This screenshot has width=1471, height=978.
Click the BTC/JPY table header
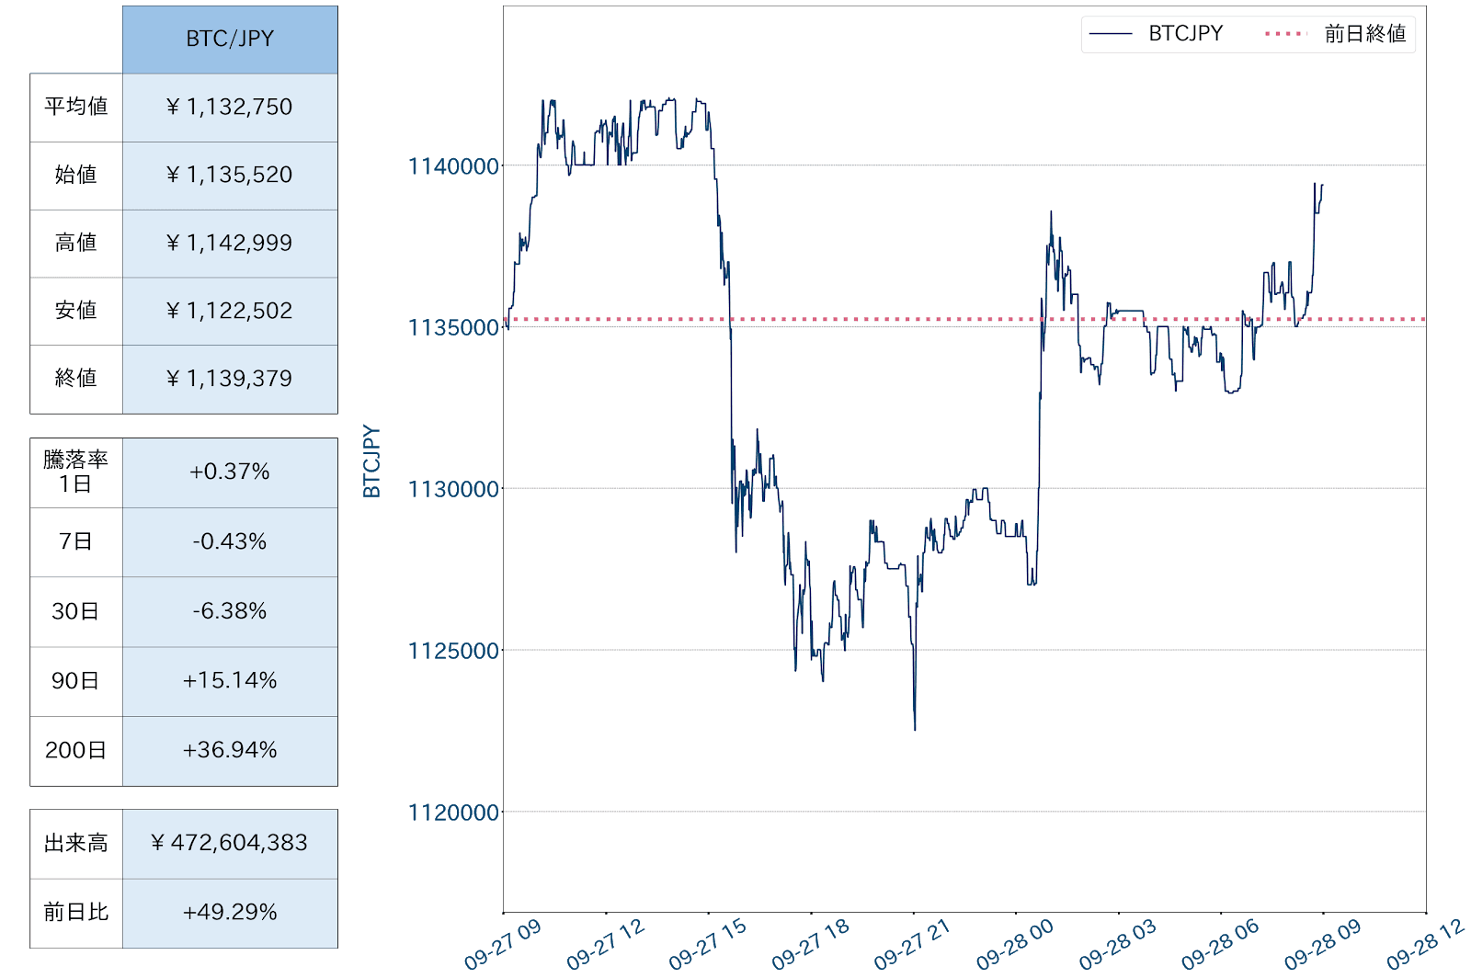pyautogui.click(x=230, y=39)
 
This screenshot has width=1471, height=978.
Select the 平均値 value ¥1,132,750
pyautogui.click(x=230, y=107)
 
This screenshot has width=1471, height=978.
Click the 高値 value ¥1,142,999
pyautogui.click(x=230, y=243)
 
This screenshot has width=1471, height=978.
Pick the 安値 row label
pyautogui.click(x=76, y=311)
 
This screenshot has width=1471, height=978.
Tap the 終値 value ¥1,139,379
pyautogui.click(x=230, y=379)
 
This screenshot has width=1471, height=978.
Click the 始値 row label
pyautogui.click(x=76, y=175)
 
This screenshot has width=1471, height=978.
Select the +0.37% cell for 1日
pyautogui.click(x=230, y=472)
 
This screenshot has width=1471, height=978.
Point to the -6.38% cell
pyautogui.click(x=230, y=611)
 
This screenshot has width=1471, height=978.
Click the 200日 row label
pyautogui.click(x=76, y=750)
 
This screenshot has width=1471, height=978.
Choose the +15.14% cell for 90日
pyautogui.click(x=230, y=680)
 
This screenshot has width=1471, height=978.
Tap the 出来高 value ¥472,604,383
pyautogui.click(x=230, y=843)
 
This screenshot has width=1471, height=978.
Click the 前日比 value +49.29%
pyautogui.click(x=230, y=912)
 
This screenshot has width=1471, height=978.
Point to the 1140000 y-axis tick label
pyautogui.click(x=453, y=166)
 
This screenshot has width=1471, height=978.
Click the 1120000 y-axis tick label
pyautogui.click(x=453, y=813)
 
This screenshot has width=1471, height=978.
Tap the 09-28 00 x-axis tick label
pyautogui.click(x=1015, y=944)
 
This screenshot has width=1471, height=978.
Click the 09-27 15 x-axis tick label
pyautogui.click(x=708, y=944)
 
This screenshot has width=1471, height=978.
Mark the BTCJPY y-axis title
pyautogui.click(x=371, y=461)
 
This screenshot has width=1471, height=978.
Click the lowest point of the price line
pyautogui.click(x=915, y=730)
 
